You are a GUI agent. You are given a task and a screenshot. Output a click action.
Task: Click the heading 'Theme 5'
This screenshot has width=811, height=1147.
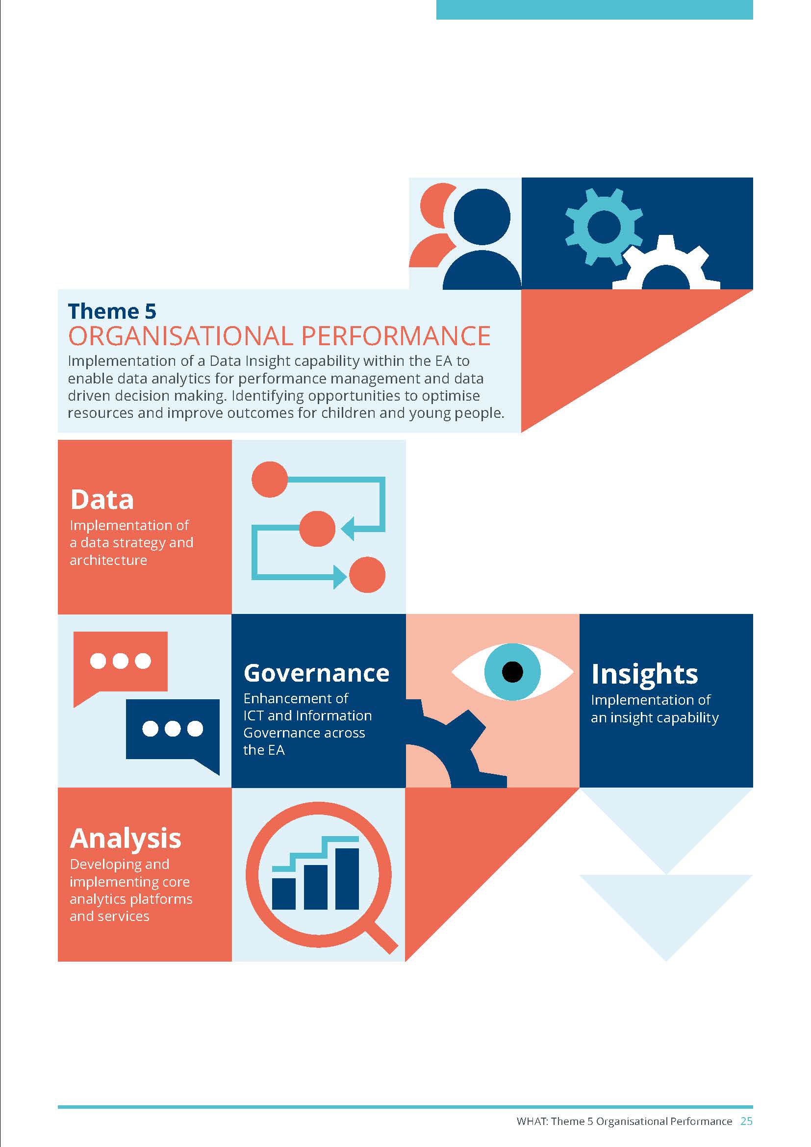tap(112, 311)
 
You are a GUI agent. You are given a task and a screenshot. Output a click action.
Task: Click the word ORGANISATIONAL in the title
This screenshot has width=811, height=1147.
tap(181, 336)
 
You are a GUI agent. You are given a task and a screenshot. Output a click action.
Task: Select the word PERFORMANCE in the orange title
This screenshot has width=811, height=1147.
tap(396, 336)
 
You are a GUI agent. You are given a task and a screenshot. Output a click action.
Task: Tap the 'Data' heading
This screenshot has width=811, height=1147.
tap(102, 500)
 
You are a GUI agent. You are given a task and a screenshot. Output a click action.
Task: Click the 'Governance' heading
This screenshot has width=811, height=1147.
tap(317, 673)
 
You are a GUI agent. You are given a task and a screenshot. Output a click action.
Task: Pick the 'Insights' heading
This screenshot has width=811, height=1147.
tap(645, 674)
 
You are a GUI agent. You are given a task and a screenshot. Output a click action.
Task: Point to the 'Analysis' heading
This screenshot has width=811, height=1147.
tap(126, 839)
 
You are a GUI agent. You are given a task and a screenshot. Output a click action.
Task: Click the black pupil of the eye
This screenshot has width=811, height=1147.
tap(512, 672)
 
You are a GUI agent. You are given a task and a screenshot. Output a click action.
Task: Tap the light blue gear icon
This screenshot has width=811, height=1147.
tap(604, 226)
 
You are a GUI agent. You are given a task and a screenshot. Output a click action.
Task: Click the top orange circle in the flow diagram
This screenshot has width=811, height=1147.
tap(270, 480)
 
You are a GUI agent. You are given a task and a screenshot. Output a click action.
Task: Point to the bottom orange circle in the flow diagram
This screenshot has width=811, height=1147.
tap(367, 575)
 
